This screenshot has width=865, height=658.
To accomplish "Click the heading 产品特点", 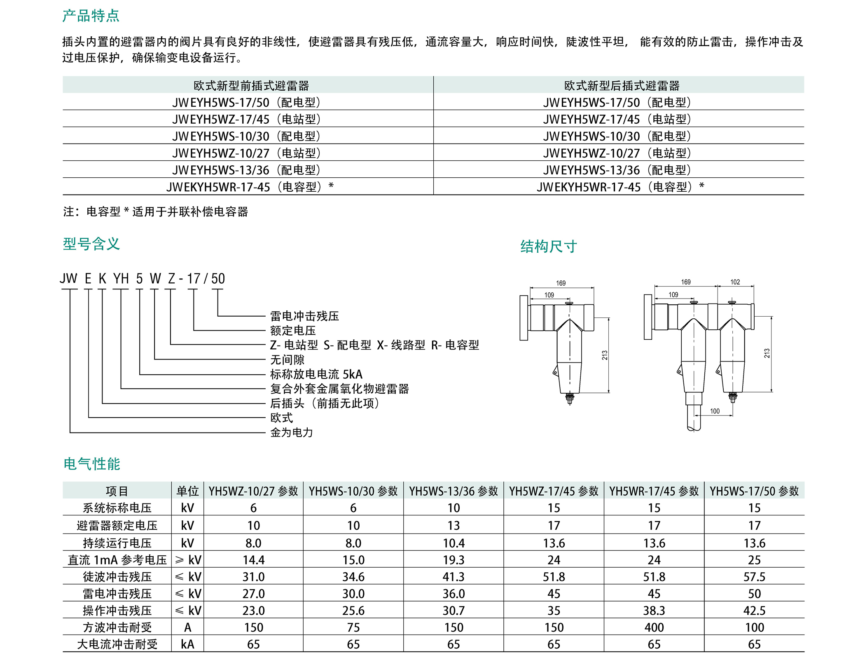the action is point(91,16).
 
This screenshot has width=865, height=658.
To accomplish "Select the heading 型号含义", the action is point(91,244).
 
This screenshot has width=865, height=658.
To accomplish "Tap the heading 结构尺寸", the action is point(548,246).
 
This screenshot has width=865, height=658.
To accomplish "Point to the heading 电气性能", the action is point(91,464).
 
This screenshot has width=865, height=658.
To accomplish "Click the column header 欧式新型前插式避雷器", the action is point(251,86).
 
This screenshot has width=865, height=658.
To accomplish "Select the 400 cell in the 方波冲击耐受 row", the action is point(654,627).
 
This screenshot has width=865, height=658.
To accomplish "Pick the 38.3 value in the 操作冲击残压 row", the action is point(654,610).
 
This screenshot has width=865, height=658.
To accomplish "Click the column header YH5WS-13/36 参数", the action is point(454,491).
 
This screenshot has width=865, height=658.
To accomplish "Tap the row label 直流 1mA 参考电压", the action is point(117,560).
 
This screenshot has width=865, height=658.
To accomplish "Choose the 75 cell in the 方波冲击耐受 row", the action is point(353,627).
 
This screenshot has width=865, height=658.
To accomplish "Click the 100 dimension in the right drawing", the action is point(715,411).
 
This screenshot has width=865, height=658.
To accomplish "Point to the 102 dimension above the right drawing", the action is point(735,282).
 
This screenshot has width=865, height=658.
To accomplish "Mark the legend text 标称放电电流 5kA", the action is point(316,374).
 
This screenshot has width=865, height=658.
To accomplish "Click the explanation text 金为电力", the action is point(292,432).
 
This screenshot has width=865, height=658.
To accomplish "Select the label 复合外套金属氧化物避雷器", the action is point(339,388).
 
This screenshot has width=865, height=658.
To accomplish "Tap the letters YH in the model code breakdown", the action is point(121,279).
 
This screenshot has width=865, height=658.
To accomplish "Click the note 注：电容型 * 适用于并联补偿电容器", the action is point(155,211).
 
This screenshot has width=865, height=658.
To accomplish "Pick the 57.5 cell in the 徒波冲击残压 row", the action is point(754,576).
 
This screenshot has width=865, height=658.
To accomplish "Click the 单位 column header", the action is point(187,491).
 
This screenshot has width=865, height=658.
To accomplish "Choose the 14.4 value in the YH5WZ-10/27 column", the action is point(253,560).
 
